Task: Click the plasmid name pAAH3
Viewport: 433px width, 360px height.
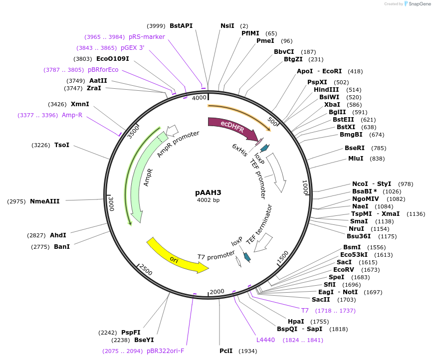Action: [x=208, y=192]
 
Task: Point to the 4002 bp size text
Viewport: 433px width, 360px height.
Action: [x=208, y=200]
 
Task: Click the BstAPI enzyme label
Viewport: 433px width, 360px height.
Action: [x=181, y=26]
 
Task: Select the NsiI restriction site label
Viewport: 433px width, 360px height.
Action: [x=227, y=26]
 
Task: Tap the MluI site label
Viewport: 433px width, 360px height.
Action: [x=356, y=159]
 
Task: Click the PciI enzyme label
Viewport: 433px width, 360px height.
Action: [x=226, y=351]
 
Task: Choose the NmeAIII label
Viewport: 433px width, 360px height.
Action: [x=45, y=201]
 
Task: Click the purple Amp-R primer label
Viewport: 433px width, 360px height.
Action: [x=72, y=115]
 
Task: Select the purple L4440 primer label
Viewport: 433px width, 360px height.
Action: [x=265, y=340]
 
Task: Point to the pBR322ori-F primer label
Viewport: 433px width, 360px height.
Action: [x=165, y=351]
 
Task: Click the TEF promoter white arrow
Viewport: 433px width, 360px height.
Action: [x=277, y=172]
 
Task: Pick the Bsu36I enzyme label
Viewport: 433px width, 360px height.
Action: [x=359, y=236]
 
